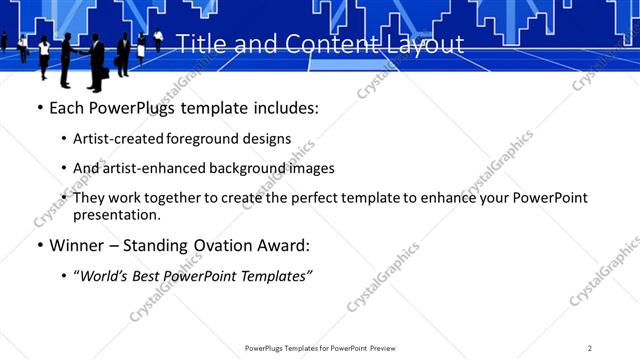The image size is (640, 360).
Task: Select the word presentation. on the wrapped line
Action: coord(117,214)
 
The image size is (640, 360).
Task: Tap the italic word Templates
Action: coord(274,276)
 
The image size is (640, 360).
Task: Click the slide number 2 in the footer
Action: coord(590,348)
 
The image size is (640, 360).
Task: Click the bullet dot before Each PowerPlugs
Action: coord(39,108)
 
